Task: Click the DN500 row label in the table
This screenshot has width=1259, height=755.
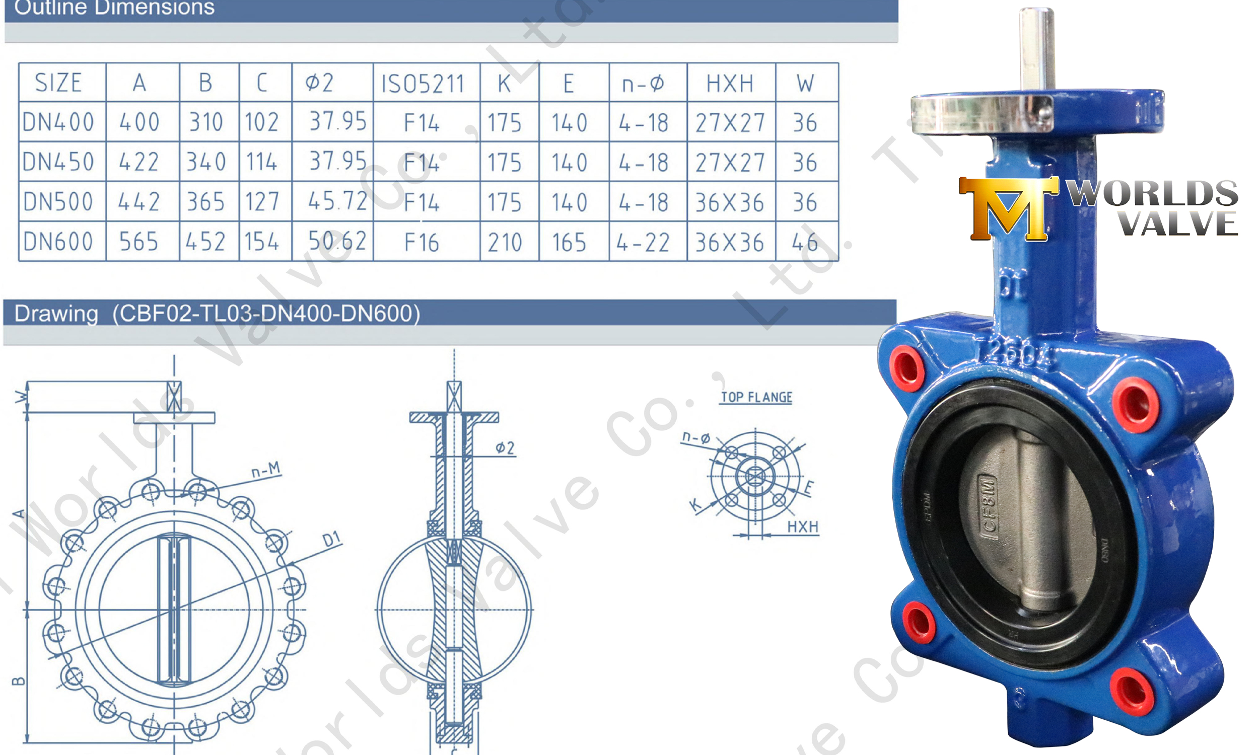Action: tap(58, 201)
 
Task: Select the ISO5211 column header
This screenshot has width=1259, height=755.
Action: tap(423, 84)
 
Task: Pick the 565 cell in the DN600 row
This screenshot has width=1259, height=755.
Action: tap(138, 242)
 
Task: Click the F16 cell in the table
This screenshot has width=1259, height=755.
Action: tap(422, 242)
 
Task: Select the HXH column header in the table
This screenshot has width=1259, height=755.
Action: tap(730, 84)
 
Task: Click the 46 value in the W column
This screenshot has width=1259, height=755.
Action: tap(805, 242)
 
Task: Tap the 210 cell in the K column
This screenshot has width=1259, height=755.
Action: tap(505, 242)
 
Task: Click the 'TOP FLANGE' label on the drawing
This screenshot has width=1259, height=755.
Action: tap(757, 397)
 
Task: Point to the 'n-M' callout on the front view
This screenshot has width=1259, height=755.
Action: tap(266, 470)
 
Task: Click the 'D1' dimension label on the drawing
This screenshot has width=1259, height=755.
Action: tap(331, 539)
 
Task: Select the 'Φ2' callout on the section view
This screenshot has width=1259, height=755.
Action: tap(505, 448)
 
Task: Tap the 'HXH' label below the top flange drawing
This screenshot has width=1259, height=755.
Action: tap(803, 526)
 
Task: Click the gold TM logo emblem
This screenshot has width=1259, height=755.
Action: tap(1008, 208)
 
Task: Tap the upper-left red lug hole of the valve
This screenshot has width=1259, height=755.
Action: tap(907, 368)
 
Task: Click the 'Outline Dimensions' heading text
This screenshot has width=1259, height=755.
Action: tap(114, 8)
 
